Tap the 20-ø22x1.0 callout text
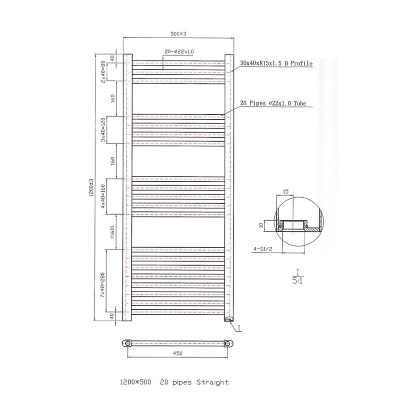coord(179,51)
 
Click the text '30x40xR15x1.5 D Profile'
coord(276,63)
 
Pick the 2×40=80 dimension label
coord(104,72)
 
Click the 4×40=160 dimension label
coord(104,196)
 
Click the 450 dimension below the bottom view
coord(179,353)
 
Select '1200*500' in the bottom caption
coord(136,382)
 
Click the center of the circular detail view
coord(298,226)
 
